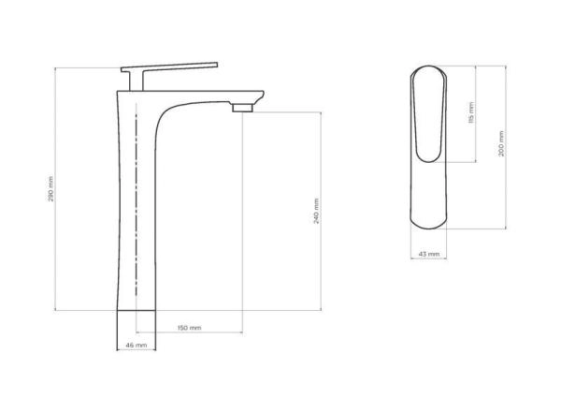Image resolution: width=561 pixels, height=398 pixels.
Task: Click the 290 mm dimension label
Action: pyautogui.click(x=50, y=191)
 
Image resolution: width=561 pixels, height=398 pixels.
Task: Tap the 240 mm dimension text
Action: pyautogui.click(x=317, y=213)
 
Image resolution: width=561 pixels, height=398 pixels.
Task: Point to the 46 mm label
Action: pyautogui.click(x=137, y=346)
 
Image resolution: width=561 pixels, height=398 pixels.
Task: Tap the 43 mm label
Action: pyautogui.click(x=429, y=254)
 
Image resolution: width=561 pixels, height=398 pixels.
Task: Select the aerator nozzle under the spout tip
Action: pyautogui.click(x=243, y=107)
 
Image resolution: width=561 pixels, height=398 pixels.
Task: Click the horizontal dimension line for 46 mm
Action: pyautogui.click(x=137, y=339)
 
